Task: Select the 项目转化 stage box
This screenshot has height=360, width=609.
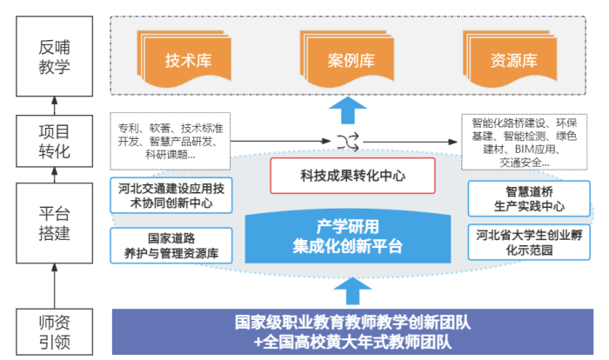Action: click(54, 142)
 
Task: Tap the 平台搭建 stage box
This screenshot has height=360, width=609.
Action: click(54, 223)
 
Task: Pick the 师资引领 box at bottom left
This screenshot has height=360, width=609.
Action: click(54, 331)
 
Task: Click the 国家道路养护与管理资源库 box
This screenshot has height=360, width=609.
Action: click(171, 245)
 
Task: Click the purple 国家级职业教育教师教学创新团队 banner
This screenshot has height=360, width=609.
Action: click(352, 331)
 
